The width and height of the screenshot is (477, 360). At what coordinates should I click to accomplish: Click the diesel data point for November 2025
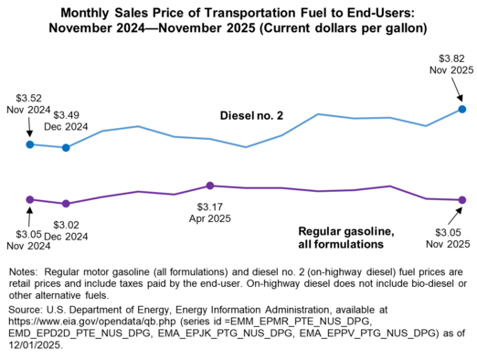tap(461, 109)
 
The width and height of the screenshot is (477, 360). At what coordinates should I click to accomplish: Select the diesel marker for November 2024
tap(30, 144)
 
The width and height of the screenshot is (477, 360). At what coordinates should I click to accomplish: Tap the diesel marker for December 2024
tap(66, 147)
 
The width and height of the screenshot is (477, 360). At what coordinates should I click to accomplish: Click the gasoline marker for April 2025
tap(210, 185)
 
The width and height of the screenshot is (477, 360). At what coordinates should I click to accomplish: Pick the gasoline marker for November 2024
tap(30, 199)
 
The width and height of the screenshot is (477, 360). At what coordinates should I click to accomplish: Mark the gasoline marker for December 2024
tap(66, 204)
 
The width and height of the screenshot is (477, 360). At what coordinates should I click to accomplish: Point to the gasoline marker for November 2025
tap(461, 200)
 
